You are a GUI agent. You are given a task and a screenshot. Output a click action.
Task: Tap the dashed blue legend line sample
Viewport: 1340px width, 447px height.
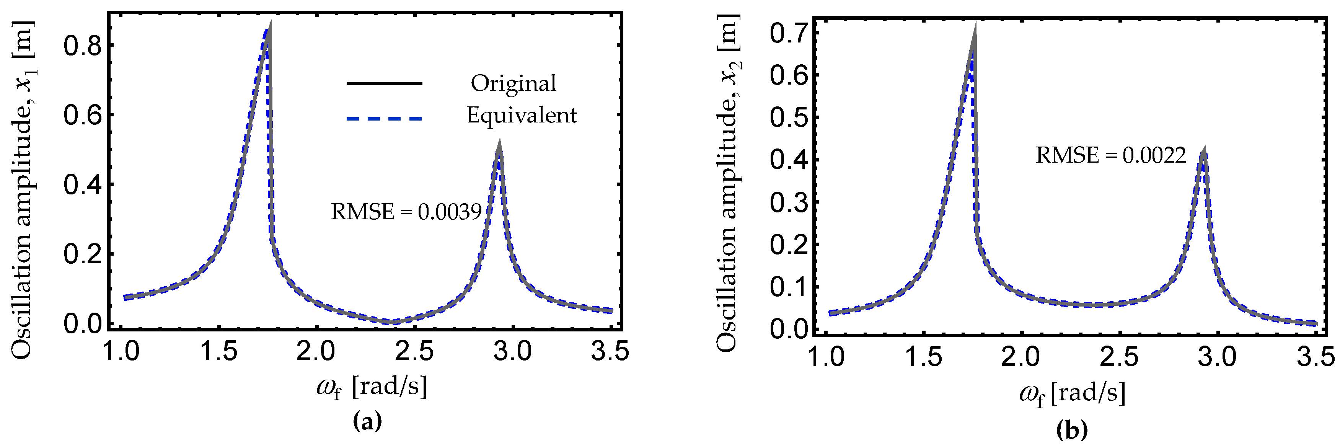pos(383,119)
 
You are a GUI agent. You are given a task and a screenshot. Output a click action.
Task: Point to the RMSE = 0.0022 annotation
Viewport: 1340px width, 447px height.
pos(1110,155)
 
